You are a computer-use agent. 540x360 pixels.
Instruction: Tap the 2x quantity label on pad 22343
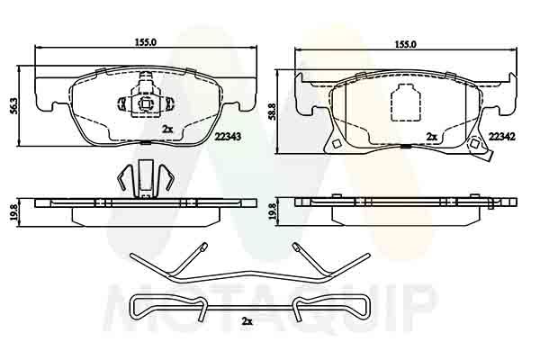tap(167, 130)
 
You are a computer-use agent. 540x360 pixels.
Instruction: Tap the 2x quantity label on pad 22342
tap(432, 137)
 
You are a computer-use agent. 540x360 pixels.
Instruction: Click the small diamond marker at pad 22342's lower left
tap(334, 144)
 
